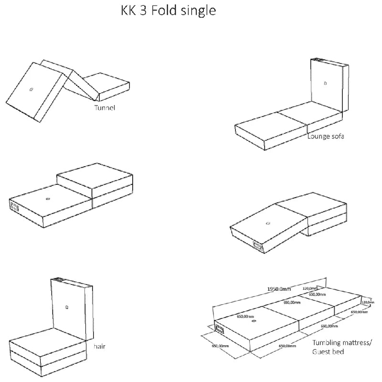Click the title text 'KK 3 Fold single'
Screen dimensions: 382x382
point(169,11)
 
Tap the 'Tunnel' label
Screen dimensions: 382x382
point(105,107)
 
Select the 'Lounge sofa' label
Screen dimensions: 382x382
point(326,136)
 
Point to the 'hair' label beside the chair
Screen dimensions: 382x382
point(99,346)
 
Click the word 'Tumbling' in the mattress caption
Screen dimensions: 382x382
point(327,343)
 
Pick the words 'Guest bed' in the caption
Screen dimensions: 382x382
point(328,352)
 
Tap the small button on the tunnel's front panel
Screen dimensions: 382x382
point(31,89)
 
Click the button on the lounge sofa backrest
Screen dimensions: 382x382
point(325,83)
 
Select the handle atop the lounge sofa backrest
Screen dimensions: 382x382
point(318,60)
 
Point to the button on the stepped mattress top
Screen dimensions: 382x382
point(47,198)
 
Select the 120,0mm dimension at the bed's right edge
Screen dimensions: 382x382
point(368,302)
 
